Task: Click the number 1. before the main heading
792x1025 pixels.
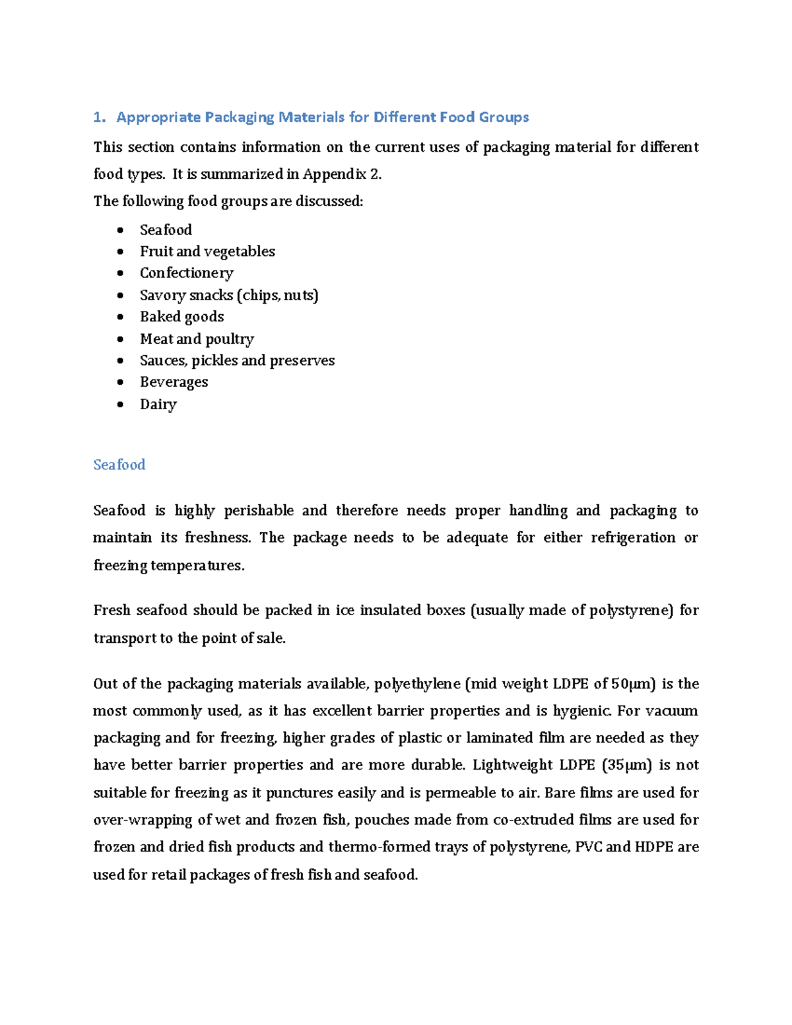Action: point(99,117)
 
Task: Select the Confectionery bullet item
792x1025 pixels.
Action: point(187,273)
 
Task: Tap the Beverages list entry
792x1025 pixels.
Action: point(174,382)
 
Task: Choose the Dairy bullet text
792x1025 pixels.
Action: point(158,405)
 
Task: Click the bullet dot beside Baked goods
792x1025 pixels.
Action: point(119,317)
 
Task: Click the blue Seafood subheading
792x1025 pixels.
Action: point(119,465)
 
